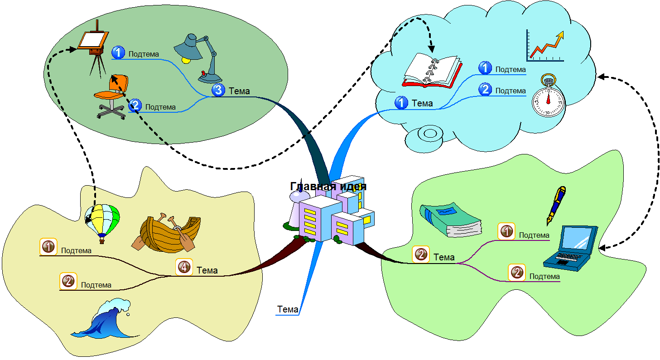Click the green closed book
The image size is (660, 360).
tap(450, 219)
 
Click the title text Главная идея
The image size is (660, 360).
tap(328, 186)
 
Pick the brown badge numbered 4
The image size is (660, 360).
tap(184, 267)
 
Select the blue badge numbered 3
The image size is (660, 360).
tap(218, 91)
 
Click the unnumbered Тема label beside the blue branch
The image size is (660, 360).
tap(288, 310)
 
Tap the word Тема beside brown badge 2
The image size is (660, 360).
tap(443, 257)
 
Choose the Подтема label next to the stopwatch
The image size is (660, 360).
tap(511, 91)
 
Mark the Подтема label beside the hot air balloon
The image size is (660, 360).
tap(76, 250)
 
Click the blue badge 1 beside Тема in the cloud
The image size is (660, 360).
tap(401, 103)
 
